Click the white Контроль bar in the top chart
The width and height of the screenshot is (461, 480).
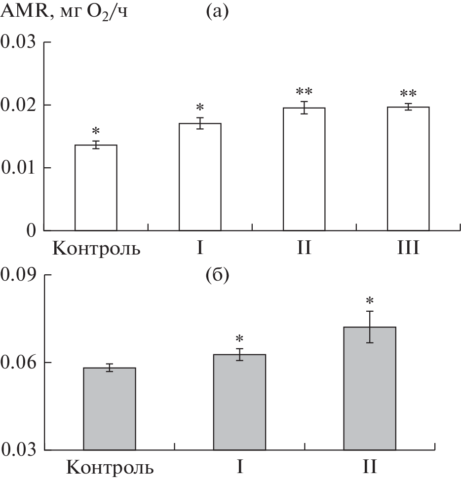(x=96, y=187)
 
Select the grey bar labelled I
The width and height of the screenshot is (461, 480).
(x=239, y=402)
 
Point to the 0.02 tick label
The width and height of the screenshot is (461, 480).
(x=19, y=105)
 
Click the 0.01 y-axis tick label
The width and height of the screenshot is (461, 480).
(x=19, y=168)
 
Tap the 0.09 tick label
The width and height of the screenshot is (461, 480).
(x=19, y=275)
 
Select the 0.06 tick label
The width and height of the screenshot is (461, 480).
(x=19, y=363)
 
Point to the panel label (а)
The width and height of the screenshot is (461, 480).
(x=217, y=11)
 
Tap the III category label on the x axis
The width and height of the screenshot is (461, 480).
(x=408, y=247)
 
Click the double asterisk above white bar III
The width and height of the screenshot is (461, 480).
(x=408, y=94)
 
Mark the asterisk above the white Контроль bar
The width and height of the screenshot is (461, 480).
(x=96, y=131)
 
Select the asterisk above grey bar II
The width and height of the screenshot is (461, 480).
(x=370, y=300)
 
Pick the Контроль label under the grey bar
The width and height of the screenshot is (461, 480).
(x=110, y=466)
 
